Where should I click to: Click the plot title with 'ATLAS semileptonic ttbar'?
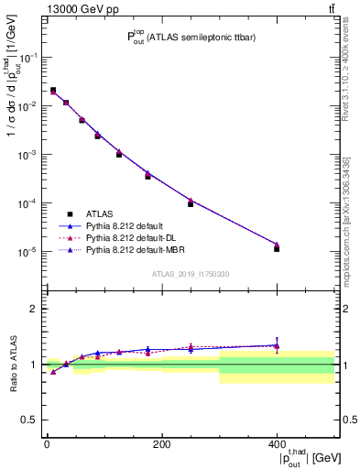coord(191,38)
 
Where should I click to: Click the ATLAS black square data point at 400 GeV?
coord(277,248)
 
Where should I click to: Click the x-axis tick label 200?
coord(161,443)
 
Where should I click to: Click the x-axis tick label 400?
coord(277,443)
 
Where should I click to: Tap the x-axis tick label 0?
coord(47,443)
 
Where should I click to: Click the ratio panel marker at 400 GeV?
coord(277,345)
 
